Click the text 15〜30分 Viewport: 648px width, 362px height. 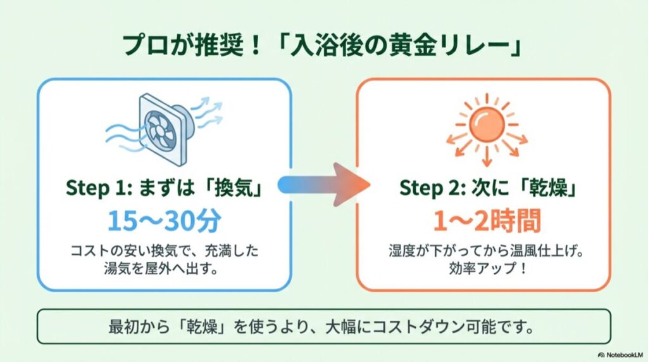click(164, 220)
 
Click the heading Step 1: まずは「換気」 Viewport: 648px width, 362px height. click(164, 188)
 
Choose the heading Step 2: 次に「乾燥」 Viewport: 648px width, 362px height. click(485, 188)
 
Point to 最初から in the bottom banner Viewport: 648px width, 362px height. click(132, 329)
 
